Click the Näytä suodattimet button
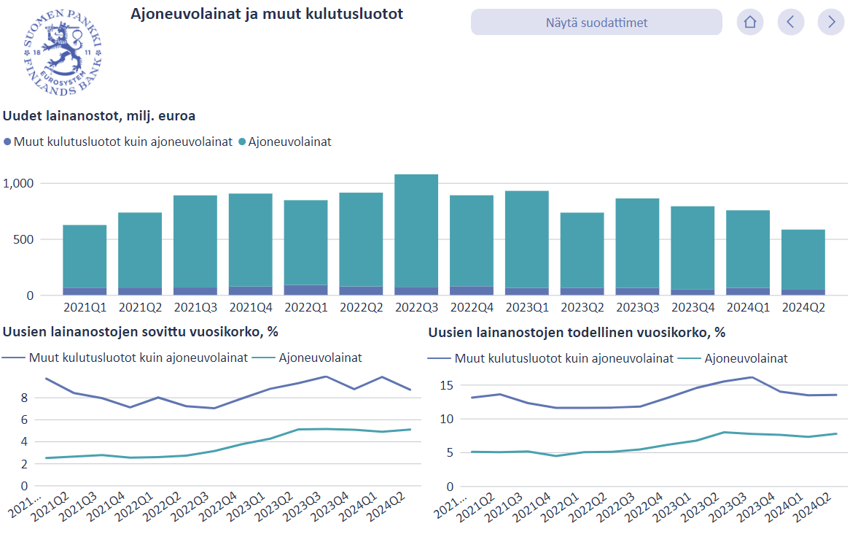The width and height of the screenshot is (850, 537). tap(596, 23)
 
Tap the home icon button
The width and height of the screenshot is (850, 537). tap(749, 23)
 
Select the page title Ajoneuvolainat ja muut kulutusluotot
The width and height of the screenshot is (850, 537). tap(266, 14)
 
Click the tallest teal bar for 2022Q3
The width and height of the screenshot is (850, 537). tap(416, 231)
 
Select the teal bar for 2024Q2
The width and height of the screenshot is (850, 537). tap(803, 259)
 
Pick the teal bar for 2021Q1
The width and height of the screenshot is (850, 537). tap(85, 256)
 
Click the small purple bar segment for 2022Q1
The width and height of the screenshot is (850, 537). tap(305, 290)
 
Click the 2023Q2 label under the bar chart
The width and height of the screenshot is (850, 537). tap(582, 307)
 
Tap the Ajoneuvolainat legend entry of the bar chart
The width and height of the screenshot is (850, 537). tap(289, 142)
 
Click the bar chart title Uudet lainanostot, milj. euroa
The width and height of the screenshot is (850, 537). tap(99, 115)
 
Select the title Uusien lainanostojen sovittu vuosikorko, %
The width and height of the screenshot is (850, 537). tap(141, 332)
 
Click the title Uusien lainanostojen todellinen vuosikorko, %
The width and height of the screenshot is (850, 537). tap(577, 332)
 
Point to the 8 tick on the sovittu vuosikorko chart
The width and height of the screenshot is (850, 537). tap(24, 398)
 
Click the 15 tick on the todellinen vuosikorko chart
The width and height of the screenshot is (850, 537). tap(446, 385)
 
